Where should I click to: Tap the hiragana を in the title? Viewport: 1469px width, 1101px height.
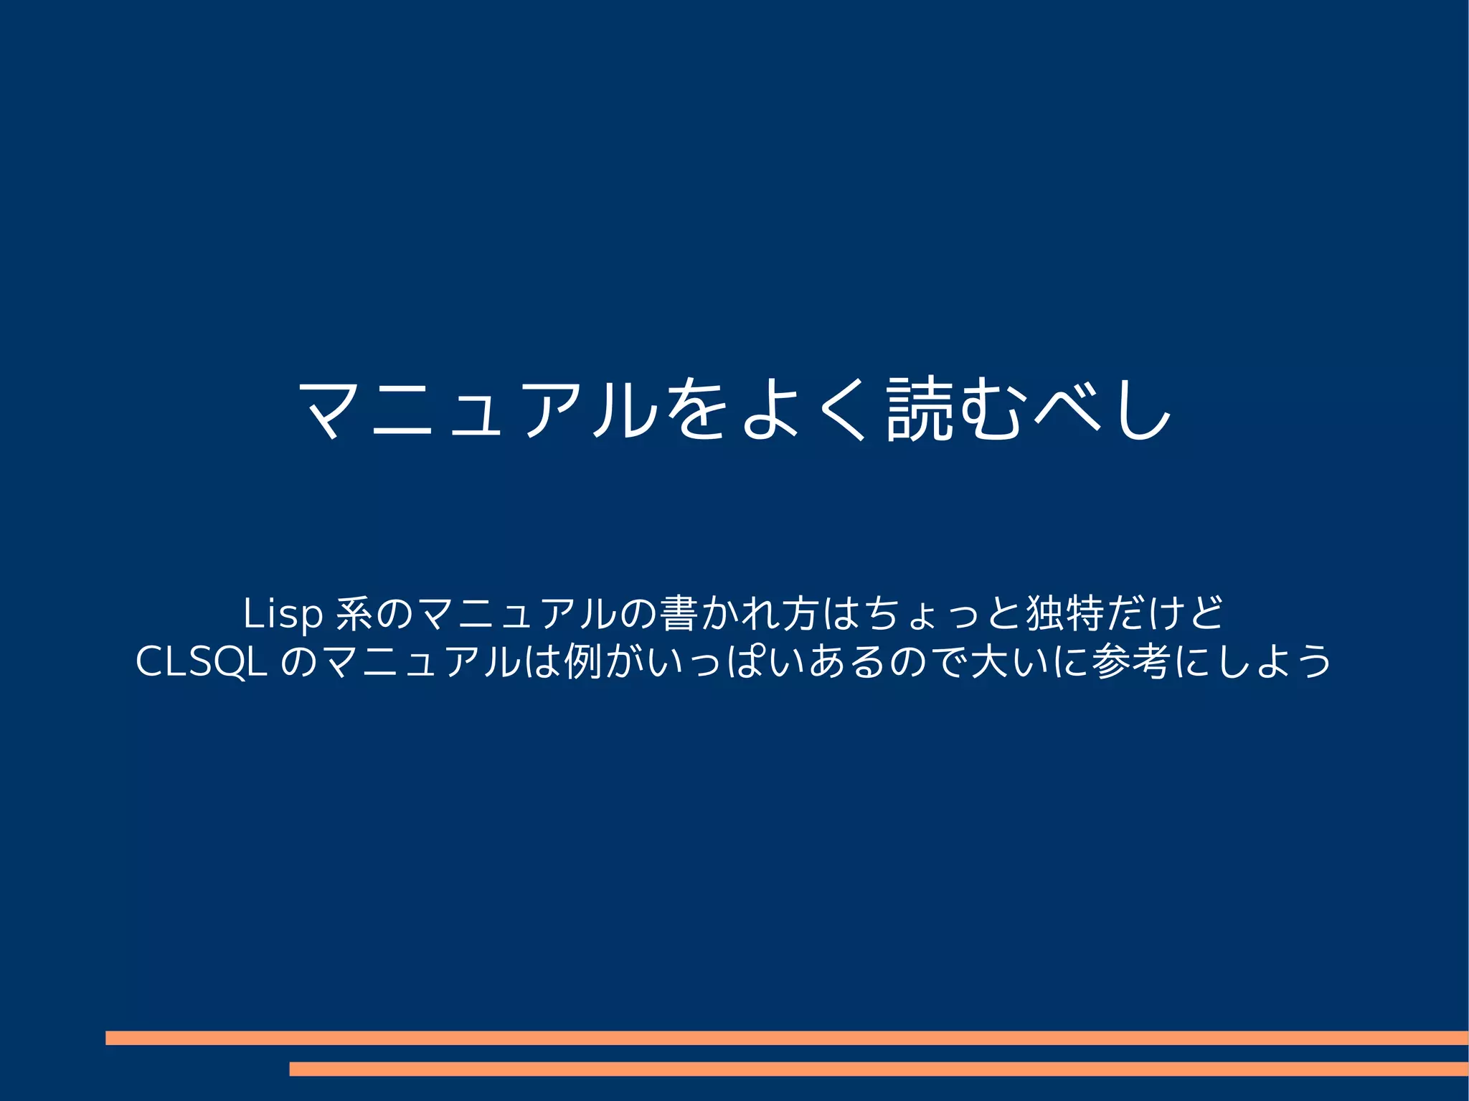(x=696, y=408)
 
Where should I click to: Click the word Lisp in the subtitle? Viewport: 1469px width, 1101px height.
(x=283, y=614)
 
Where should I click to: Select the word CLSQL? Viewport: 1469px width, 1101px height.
(x=202, y=661)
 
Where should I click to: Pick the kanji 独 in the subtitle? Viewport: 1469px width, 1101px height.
(x=1044, y=614)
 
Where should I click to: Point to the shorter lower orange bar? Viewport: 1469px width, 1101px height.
(x=879, y=1069)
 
